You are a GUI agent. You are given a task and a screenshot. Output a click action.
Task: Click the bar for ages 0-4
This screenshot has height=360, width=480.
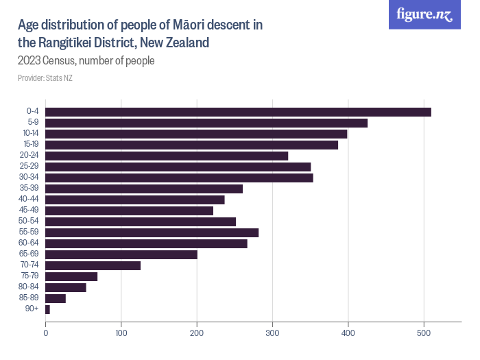point(238,112)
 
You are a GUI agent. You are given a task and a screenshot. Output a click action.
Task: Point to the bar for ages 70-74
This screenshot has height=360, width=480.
point(93,265)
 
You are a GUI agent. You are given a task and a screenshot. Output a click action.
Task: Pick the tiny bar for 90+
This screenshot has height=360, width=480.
point(47,309)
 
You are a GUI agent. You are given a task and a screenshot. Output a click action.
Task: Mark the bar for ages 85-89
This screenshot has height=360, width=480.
point(56,298)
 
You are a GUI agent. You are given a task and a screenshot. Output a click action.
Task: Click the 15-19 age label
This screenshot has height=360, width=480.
point(30,145)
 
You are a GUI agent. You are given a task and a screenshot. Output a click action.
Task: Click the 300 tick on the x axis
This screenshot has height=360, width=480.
point(273,333)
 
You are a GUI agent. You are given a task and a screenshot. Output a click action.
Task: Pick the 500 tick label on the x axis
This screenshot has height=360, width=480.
point(424,333)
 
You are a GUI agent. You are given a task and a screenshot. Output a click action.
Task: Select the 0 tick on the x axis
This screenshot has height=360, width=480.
point(46,333)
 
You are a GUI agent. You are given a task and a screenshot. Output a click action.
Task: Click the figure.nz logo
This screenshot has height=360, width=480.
point(425,14)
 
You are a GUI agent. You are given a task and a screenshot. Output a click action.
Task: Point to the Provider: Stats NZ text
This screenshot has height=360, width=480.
point(45,78)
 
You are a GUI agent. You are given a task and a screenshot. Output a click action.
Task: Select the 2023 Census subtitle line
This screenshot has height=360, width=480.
point(86,60)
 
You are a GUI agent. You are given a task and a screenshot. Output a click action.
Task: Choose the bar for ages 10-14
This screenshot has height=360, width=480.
point(196,134)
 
